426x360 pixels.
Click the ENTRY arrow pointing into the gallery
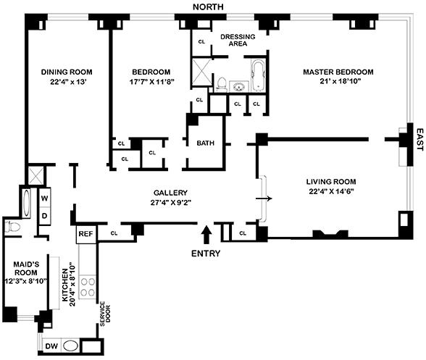pos(207,235)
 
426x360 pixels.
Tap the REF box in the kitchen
pos(86,234)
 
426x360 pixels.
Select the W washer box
pos(45,198)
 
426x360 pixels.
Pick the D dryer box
pos(45,216)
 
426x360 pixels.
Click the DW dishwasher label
pos(51,346)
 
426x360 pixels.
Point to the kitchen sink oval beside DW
pos(71,346)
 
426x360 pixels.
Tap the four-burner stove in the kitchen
pos(88,287)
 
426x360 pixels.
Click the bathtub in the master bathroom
pos(258,75)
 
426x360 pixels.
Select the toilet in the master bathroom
pos(222,85)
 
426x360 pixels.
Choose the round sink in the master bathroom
pos(239,87)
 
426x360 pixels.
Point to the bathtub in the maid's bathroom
pos(26,203)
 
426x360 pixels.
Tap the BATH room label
pos(206,143)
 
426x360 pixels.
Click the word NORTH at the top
pos(208,7)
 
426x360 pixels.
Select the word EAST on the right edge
pos(420,140)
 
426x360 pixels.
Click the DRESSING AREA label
pos(238,40)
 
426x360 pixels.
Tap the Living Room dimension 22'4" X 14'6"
pos(331,191)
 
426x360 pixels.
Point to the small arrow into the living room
pos(264,198)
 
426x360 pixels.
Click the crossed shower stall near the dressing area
pos(201,72)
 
